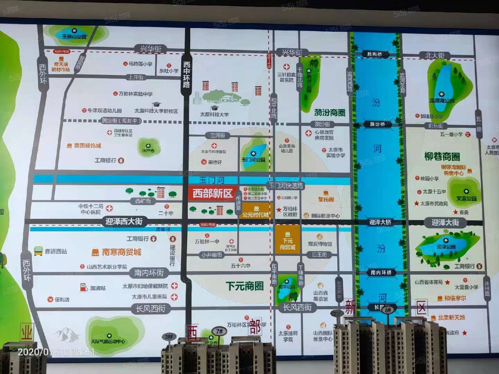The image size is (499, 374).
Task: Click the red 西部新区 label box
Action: (x=212, y=193)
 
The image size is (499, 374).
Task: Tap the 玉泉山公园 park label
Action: (x=74, y=36)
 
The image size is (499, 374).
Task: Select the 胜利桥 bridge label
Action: (x=374, y=54)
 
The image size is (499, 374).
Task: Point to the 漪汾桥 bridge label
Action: (x=377, y=124)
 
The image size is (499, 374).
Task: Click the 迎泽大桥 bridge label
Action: (x=380, y=222)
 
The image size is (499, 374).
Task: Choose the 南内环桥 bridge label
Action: (x=381, y=273)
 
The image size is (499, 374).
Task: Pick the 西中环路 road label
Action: (x=186, y=74)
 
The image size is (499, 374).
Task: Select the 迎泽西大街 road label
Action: (x=124, y=222)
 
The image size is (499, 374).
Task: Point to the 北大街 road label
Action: (x=435, y=55)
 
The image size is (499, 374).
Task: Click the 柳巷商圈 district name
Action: (x=442, y=157)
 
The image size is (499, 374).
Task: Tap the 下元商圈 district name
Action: (x=245, y=286)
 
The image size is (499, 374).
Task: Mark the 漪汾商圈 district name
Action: (x=330, y=113)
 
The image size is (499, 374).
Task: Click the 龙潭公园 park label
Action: (x=442, y=100)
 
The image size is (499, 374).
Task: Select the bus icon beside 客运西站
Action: (x=38, y=251)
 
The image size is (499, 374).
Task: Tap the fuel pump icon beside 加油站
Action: (x=83, y=287)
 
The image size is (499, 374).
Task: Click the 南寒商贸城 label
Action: (x=121, y=252)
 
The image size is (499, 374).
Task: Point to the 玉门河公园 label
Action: (x=253, y=160)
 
